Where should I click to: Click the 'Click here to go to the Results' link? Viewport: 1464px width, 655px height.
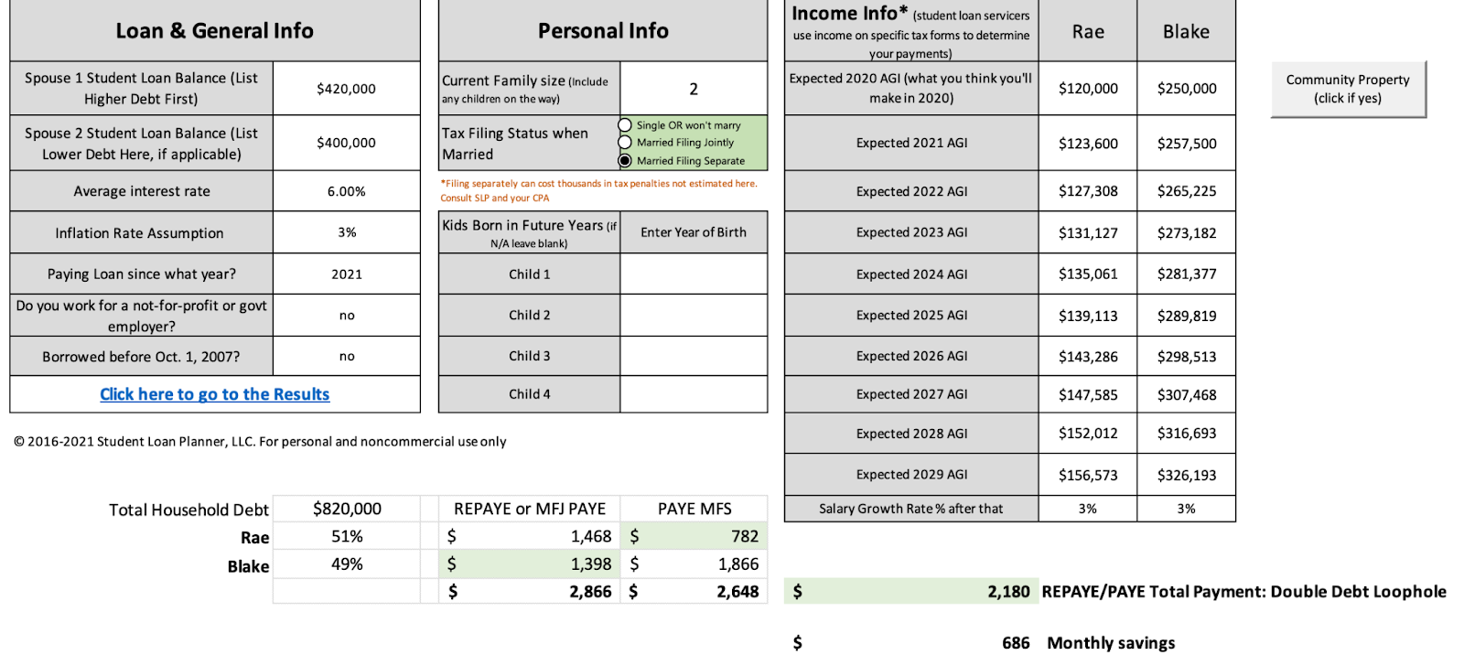point(214,394)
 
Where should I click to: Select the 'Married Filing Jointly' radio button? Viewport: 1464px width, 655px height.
point(626,143)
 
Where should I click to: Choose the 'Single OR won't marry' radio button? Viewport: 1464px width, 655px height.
point(626,125)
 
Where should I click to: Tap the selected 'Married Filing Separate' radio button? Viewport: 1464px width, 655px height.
point(626,161)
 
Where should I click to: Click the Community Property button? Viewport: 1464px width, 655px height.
point(1348,89)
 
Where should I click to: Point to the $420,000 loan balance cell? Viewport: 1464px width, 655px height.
point(346,89)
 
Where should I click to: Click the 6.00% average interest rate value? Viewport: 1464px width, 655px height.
point(346,191)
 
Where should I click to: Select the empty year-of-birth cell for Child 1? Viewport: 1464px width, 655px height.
point(694,274)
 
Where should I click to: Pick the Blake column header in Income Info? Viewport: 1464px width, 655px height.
point(1186,32)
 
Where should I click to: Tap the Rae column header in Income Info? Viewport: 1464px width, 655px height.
point(1088,32)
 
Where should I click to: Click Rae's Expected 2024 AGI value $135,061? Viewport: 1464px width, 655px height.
point(1088,274)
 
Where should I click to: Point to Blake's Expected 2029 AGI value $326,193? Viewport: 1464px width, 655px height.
point(1187,476)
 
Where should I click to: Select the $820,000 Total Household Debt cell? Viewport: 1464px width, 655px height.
point(347,509)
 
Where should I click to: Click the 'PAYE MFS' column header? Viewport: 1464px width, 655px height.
point(694,509)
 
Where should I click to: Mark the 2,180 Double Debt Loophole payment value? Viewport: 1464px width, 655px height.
point(1008,592)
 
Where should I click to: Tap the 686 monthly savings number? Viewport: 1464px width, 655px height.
point(1016,643)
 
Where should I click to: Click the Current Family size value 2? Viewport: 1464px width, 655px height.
point(694,89)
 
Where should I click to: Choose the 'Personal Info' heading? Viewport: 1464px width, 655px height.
point(603,31)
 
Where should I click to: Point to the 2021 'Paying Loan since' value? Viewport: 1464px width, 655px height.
point(347,274)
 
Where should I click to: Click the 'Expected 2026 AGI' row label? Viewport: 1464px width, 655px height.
point(911,357)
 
